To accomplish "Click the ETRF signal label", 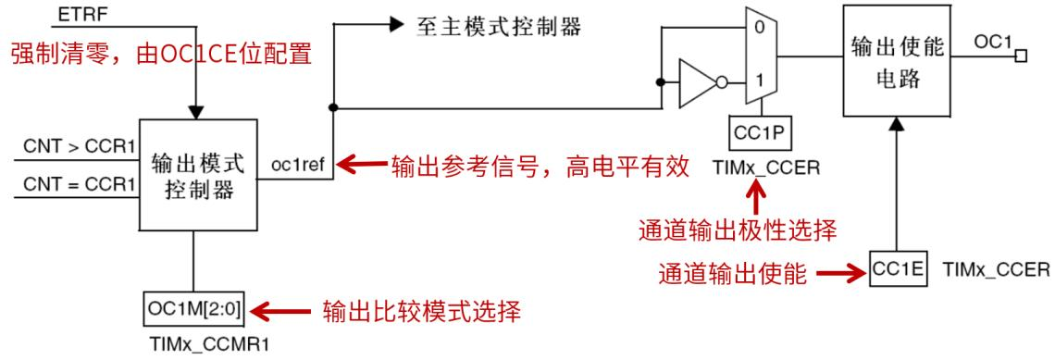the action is (75, 15).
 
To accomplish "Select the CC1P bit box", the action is (758, 135).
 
